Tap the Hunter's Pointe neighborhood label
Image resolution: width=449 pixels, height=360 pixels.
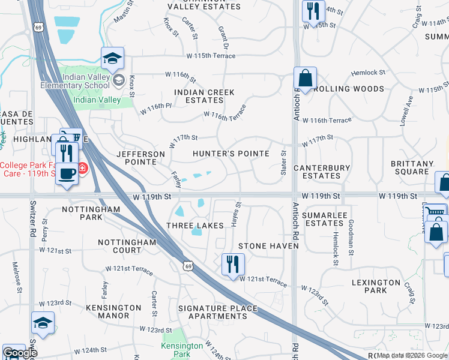[x=231, y=154]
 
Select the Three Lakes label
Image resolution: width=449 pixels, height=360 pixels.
[x=195, y=226]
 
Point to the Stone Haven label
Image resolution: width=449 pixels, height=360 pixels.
[x=268, y=246]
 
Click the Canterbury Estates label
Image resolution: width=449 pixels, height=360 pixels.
[x=322, y=172]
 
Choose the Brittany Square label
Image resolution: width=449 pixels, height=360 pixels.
[x=412, y=167]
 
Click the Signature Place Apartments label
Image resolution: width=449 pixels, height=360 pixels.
[x=217, y=312]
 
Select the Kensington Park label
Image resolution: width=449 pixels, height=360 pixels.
[x=182, y=350]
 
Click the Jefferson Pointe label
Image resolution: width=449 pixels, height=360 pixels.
[x=140, y=158]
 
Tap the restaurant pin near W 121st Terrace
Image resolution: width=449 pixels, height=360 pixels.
[x=232, y=265]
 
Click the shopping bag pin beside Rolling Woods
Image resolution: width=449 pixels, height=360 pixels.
[x=305, y=79]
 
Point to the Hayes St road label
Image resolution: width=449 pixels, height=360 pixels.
[x=238, y=214]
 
